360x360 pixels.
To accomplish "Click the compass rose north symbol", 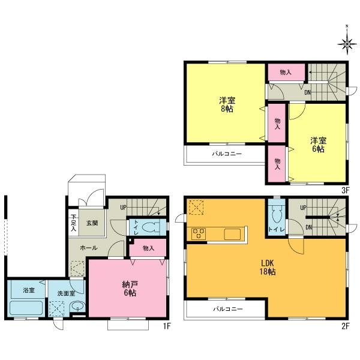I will coord(347,42).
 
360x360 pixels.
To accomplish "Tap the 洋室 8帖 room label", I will coord(227,105).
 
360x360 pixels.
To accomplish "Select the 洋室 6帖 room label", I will coord(318,145).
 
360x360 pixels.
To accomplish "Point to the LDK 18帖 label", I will coord(268,268).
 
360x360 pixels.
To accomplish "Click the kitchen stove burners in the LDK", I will coord(199,233).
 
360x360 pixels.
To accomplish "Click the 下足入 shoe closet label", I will coord(73,223).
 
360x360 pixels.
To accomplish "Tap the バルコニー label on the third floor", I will coord(226,154).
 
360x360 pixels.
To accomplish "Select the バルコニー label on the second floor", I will coord(226,310).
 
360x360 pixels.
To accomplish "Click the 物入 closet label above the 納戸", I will coord(149,248).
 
